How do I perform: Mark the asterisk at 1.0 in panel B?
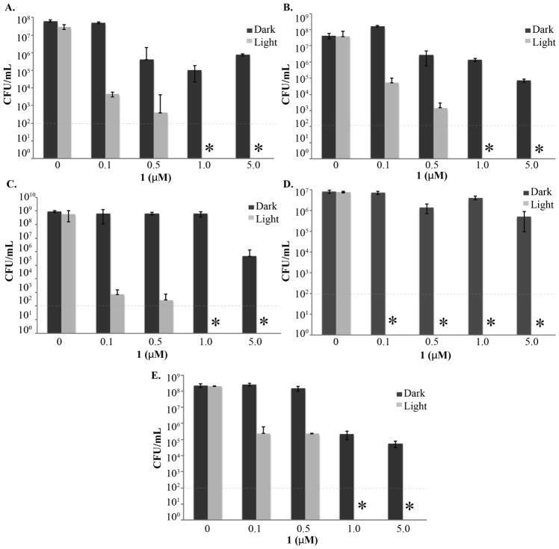click(489, 149)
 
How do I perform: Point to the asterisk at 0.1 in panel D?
click(392, 322)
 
